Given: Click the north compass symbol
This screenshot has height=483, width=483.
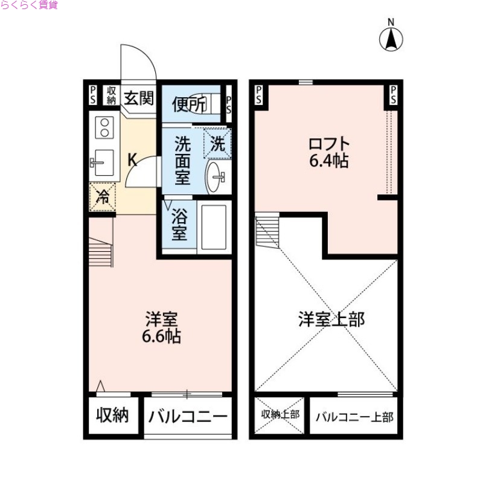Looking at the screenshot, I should coord(391,37).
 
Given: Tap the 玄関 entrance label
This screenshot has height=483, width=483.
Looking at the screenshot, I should coord(138,97).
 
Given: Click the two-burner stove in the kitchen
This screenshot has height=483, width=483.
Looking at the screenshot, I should coord(104,128).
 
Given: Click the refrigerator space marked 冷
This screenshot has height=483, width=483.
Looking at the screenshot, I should coord(103,196).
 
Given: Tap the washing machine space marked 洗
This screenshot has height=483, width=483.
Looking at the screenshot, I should coord(217,144).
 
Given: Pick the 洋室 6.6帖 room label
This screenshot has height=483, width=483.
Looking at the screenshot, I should coord(161,327).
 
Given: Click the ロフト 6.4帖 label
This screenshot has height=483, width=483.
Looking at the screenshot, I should coord(329,153).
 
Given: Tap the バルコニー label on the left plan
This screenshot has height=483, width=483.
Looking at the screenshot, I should coord(188,416).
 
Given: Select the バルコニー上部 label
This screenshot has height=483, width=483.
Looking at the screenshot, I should coord(354,417).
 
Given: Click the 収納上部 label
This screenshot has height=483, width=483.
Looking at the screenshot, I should coord(280,415).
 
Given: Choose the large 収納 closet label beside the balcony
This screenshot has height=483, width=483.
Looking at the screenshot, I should coord(113,415).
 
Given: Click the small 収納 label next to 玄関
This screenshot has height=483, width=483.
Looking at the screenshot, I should coord(111,95).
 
